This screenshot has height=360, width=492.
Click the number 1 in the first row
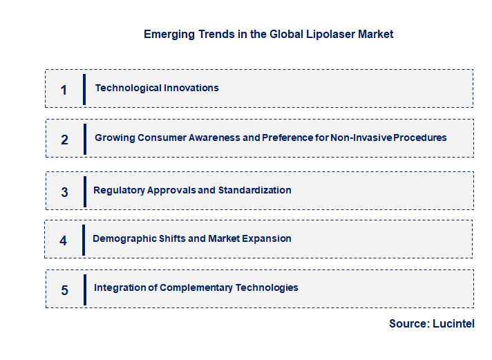(x=64, y=90)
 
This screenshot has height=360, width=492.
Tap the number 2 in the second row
(x=64, y=140)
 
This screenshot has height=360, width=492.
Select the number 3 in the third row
(x=64, y=192)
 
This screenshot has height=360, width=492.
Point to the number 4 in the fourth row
(x=64, y=241)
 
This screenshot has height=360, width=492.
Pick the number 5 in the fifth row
(x=64, y=290)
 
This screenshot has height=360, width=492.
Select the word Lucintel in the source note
(x=453, y=323)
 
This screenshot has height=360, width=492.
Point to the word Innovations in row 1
(x=189, y=88)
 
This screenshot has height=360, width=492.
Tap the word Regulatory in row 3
(x=119, y=190)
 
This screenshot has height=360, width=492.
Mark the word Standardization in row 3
(x=255, y=190)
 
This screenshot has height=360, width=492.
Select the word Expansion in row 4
(x=267, y=238)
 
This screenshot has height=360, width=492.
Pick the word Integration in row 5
(x=120, y=287)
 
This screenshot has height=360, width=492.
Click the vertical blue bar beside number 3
(x=85, y=191)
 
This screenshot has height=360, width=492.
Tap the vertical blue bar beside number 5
(x=85, y=290)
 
